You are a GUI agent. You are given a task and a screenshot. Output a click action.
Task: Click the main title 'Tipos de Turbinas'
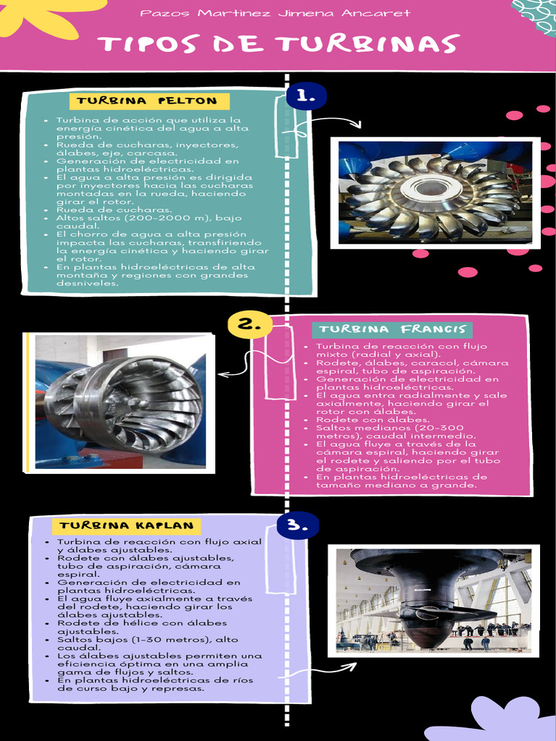[x=279, y=44]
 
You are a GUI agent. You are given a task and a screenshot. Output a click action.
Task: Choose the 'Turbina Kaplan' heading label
[x=127, y=525]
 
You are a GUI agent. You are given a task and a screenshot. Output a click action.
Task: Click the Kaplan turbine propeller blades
[x=427, y=612]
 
